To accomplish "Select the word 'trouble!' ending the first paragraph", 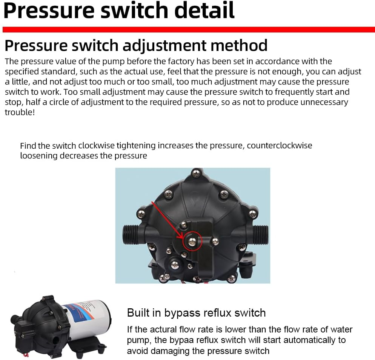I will (x=20, y=112).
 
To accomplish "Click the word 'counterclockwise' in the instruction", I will (x=280, y=145).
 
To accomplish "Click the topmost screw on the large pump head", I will (x=196, y=173).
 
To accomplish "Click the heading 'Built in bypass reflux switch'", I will (x=196, y=313).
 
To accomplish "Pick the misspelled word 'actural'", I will (x=166, y=329).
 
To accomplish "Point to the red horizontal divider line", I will (x=189, y=29).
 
